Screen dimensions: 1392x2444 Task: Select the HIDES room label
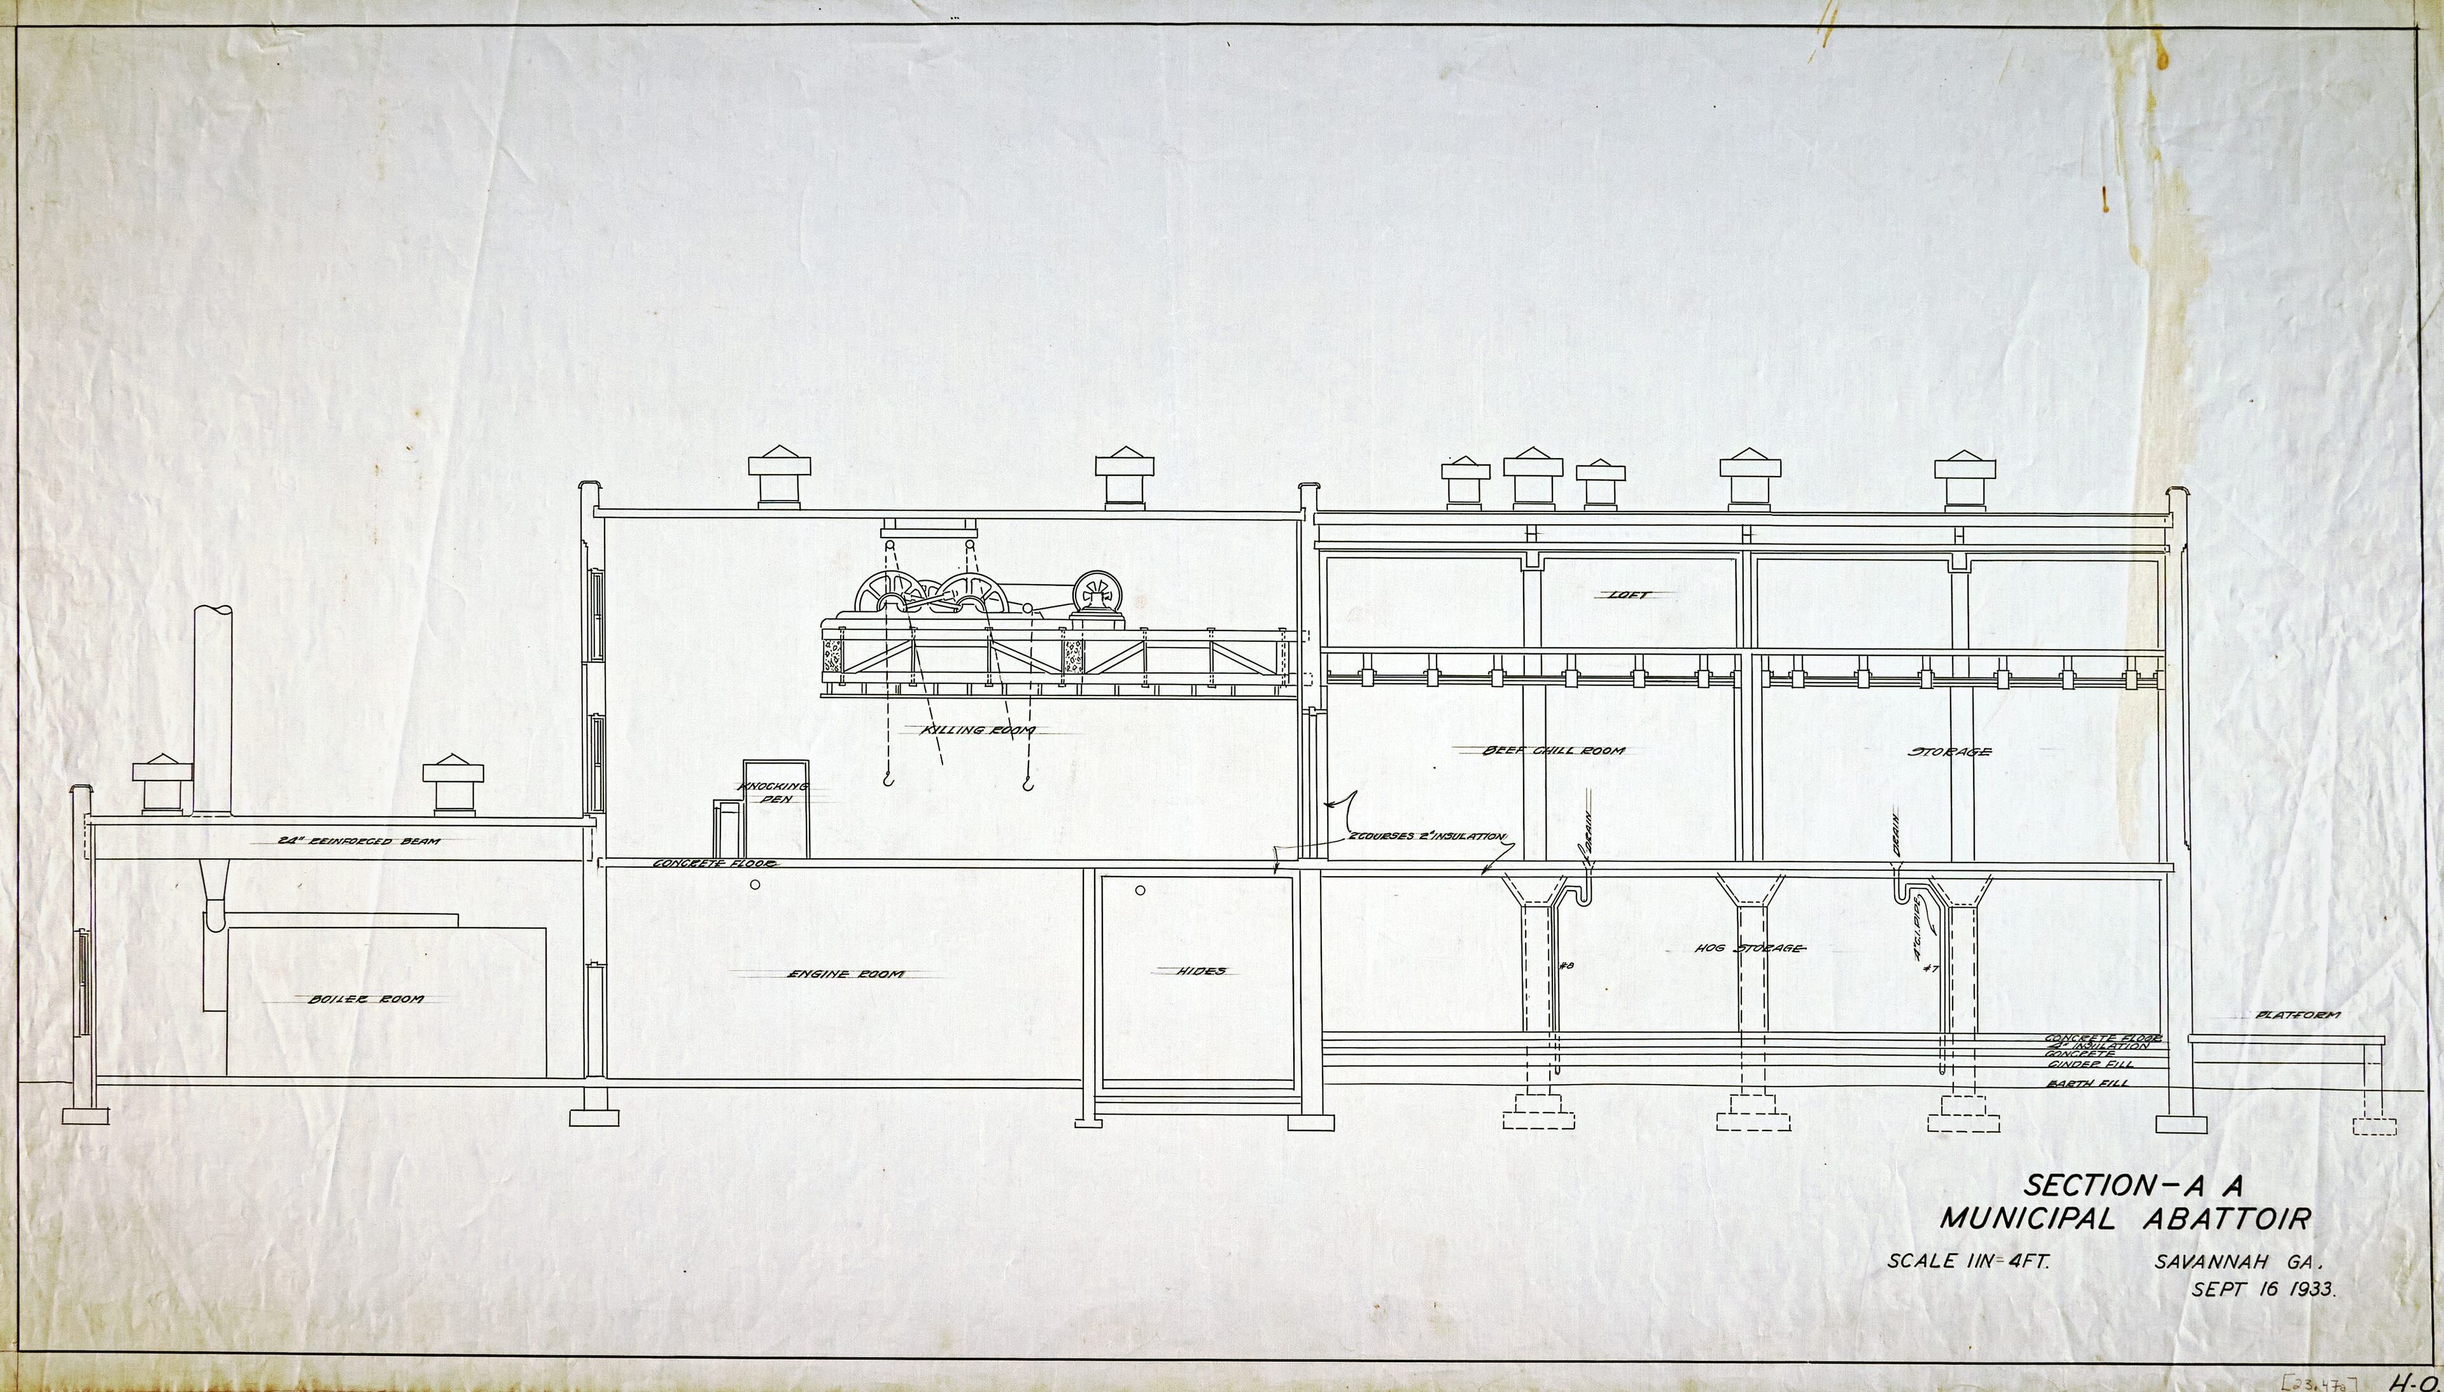click(x=1201, y=970)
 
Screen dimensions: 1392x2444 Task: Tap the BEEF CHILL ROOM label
click(x=1554, y=751)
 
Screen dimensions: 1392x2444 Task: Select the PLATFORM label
click(x=2298, y=1014)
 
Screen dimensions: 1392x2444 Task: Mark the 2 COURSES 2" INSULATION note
click(x=1427, y=837)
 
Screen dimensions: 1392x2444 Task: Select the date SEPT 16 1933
click(x=2263, y=1290)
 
